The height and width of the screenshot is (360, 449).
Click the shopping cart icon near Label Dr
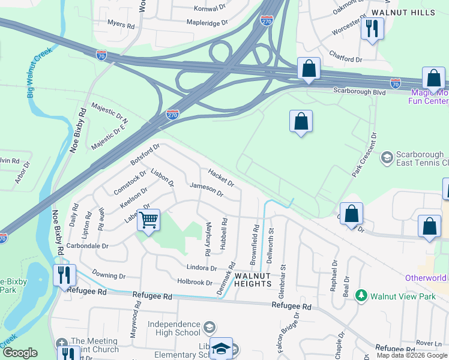click(148, 220)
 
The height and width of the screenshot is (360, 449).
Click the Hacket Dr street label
click(221, 177)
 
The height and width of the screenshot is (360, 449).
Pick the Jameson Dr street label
click(206, 190)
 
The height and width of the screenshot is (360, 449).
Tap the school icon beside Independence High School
click(209, 328)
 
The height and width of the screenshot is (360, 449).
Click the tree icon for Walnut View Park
click(361, 296)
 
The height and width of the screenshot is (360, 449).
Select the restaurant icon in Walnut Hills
click(372, 28)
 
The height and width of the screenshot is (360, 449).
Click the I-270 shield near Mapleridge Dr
click(267, 21)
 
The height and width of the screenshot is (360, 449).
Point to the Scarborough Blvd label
click(358, 91)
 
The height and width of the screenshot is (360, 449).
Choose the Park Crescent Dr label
click(364, 154)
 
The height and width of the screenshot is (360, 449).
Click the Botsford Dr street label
click(146, 154)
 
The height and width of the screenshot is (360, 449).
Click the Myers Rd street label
click(121, 25)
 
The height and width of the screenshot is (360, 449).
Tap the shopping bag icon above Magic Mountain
click(433, 78)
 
